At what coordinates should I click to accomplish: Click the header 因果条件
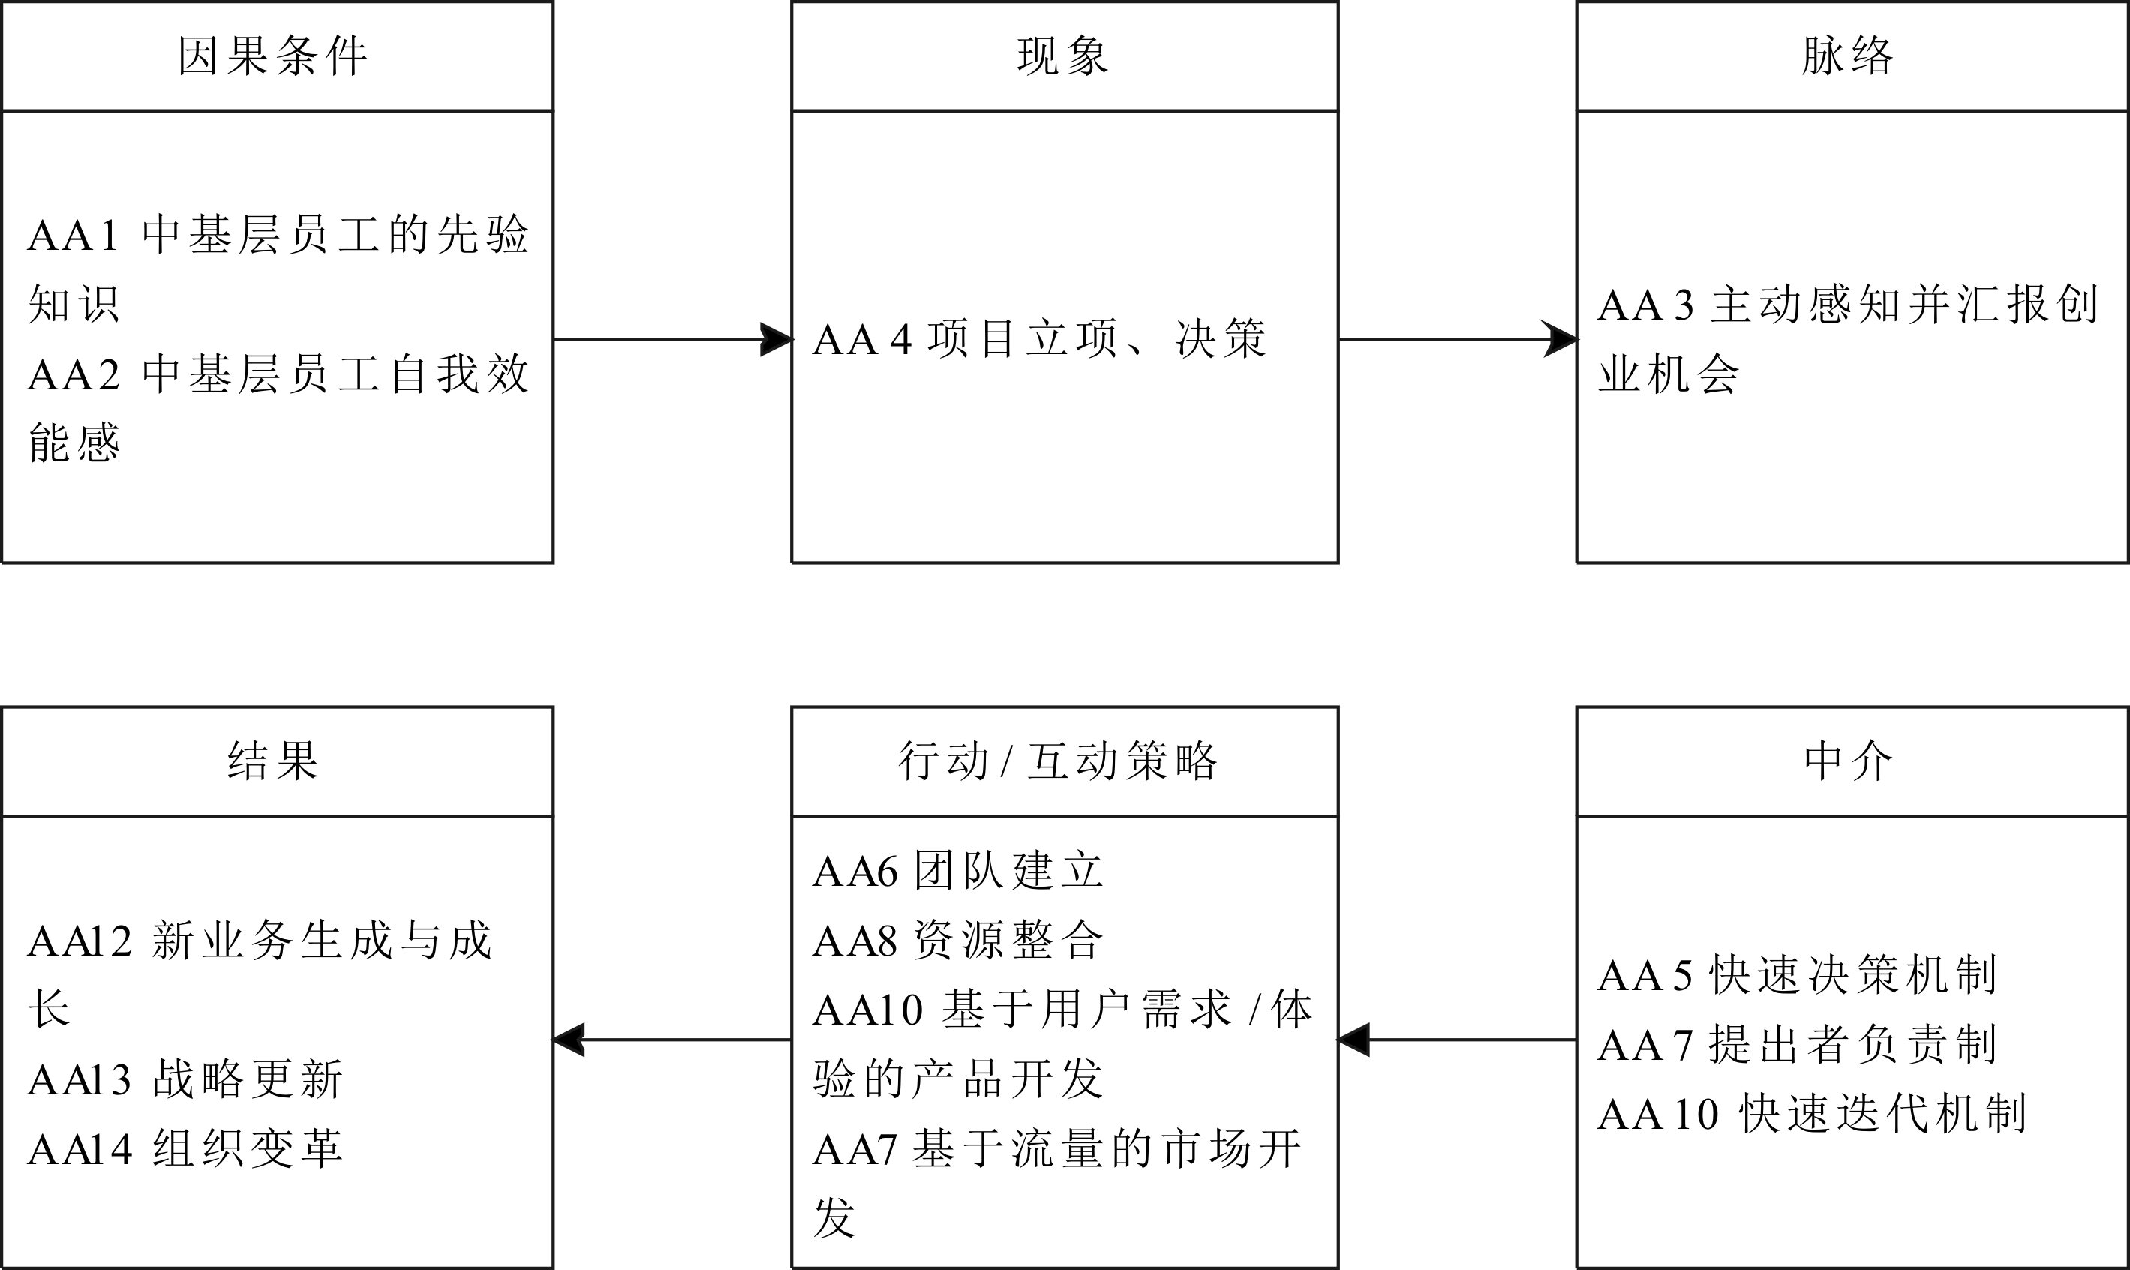pos(273,56)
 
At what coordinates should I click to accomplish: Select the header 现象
pos(1063,56)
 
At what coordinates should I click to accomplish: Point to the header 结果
pos(273,761)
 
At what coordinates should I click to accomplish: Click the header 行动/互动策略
pos(1058,761)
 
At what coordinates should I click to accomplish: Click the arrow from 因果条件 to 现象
pos(673,339)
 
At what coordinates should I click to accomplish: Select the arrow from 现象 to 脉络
pos(1457,339)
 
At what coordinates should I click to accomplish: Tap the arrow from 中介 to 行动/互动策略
pos(1456,1040)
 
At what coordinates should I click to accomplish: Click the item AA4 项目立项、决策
pos(1039,339)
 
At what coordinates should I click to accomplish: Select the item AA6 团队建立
pos(957,871)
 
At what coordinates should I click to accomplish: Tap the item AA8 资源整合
pos(957,941)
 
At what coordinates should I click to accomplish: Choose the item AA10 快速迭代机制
pos(1812,1114)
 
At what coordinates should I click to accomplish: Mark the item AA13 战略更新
pos(185,1079)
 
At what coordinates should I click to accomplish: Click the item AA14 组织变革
pos(185,1148)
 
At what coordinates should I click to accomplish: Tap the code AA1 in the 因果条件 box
pos(73,236)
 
